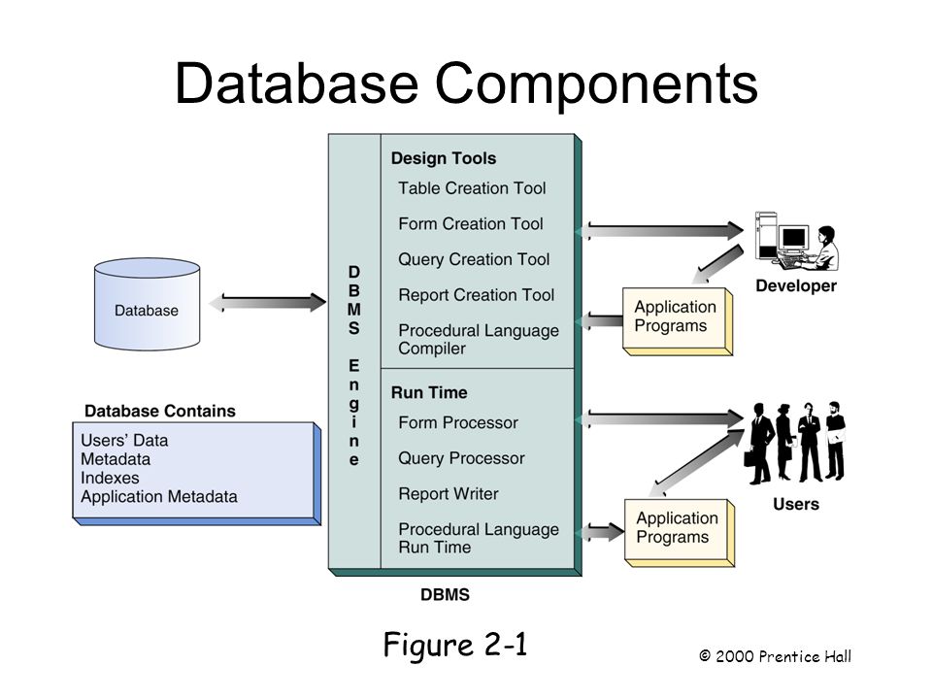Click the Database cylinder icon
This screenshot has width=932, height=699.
click(x=147, y=304)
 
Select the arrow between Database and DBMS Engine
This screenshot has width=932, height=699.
click(x=267, y=303)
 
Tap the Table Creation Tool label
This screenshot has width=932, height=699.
click(x=472, y=188)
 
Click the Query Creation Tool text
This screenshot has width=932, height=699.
click(x=474, y=260)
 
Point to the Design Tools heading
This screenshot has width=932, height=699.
click(x=444, y=158)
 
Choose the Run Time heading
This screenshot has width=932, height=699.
click(x=429, y=393)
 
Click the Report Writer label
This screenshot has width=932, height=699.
click(x=449, y=494)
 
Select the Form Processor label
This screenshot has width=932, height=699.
click(x=458, y=422)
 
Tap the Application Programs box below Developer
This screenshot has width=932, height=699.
click(x=677, y=321)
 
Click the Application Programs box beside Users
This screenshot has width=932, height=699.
click(x=680, y=533)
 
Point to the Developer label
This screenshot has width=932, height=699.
click(x=796, y=285)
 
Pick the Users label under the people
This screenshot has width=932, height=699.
click(x=796, y=504)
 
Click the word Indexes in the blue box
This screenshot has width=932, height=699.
click(x=110, y=478)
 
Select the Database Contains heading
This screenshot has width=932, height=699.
click(x=160, y=411)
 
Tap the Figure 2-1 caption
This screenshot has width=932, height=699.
click(x=455, y=645)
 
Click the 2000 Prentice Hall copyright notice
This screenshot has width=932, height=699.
click(x=775, y=656)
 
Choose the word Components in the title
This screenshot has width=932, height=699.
click(x=596, y=84)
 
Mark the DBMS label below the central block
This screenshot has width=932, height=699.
click(x=445, y=595)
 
